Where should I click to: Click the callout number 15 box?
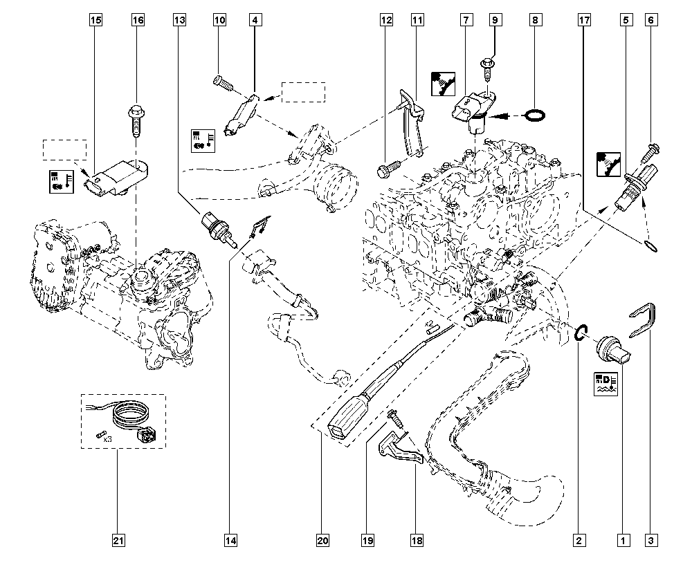95,21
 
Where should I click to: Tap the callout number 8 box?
535,21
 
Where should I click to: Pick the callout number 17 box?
584,21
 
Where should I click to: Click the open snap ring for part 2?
580,332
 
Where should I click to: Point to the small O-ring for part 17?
650,245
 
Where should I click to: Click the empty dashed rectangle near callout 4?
303,92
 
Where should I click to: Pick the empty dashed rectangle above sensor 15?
64,150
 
